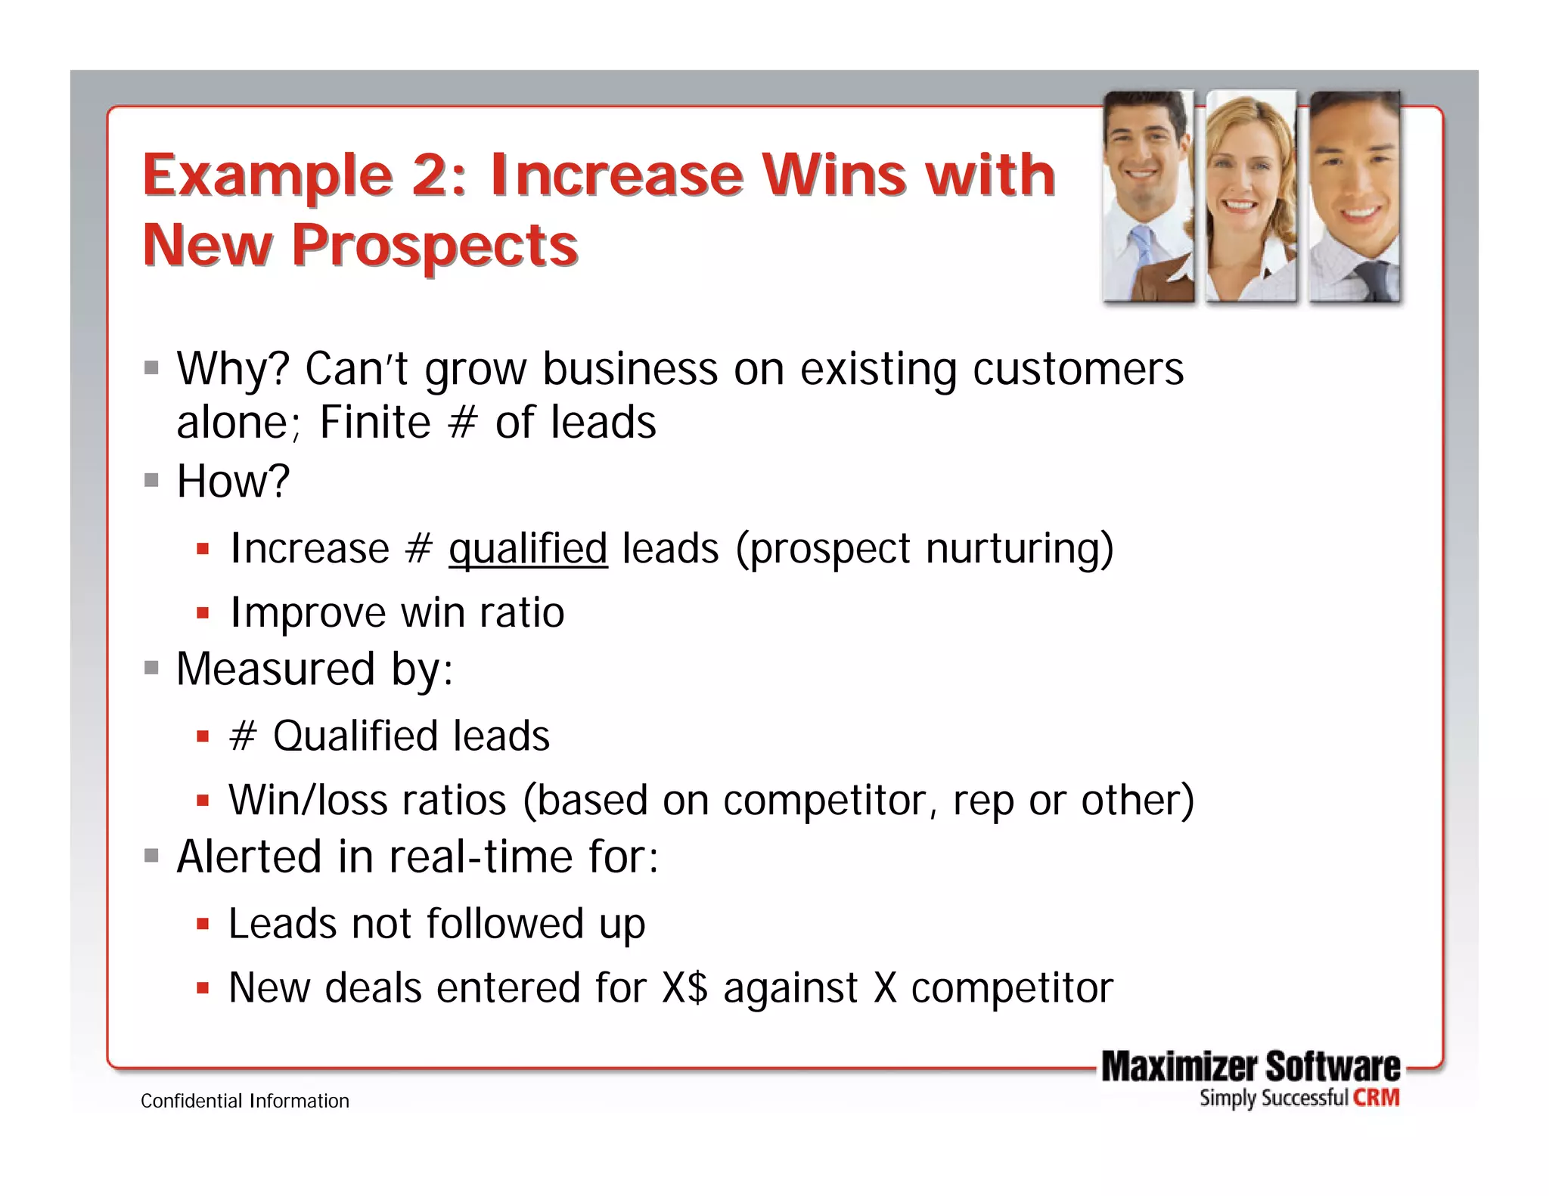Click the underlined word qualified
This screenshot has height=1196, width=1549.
528,549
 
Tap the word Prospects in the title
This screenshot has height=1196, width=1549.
435,246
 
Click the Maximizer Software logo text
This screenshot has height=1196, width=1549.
1250,1066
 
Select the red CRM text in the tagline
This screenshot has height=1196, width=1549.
1377,1098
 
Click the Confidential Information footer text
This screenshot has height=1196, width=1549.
245,1101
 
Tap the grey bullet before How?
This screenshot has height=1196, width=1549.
152,480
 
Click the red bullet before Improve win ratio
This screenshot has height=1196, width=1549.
202,613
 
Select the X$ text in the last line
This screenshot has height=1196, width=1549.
684,988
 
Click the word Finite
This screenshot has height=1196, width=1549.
374,423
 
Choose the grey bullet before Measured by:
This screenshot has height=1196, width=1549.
152,668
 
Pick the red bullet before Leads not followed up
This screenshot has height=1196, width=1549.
202,924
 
